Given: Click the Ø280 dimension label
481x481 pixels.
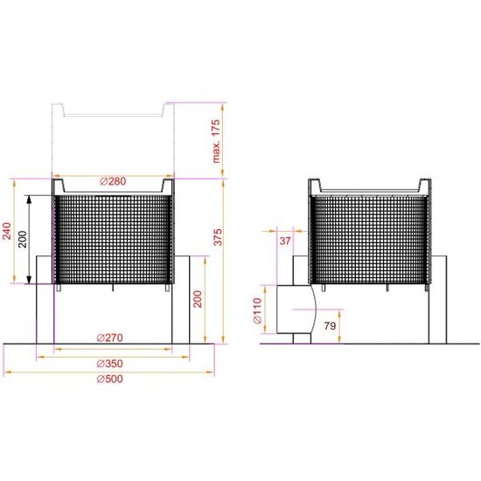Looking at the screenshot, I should pyautogui.click(x=114, y=181).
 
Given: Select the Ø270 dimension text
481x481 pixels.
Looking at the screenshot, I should pyautogui.click(x=109, y=338).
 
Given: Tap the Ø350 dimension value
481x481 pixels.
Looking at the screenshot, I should pyautogui.click(x=109, y=363).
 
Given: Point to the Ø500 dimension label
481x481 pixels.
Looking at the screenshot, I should pyautogui.click(x=109, y=380).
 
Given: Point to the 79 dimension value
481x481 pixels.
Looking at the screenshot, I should pyautogui.click(x=331, y=327).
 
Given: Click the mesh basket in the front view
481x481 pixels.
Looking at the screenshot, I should pyautogui.click(x=113, y=240).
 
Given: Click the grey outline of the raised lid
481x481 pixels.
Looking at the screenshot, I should pyautogui.click(x=113, y=114).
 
